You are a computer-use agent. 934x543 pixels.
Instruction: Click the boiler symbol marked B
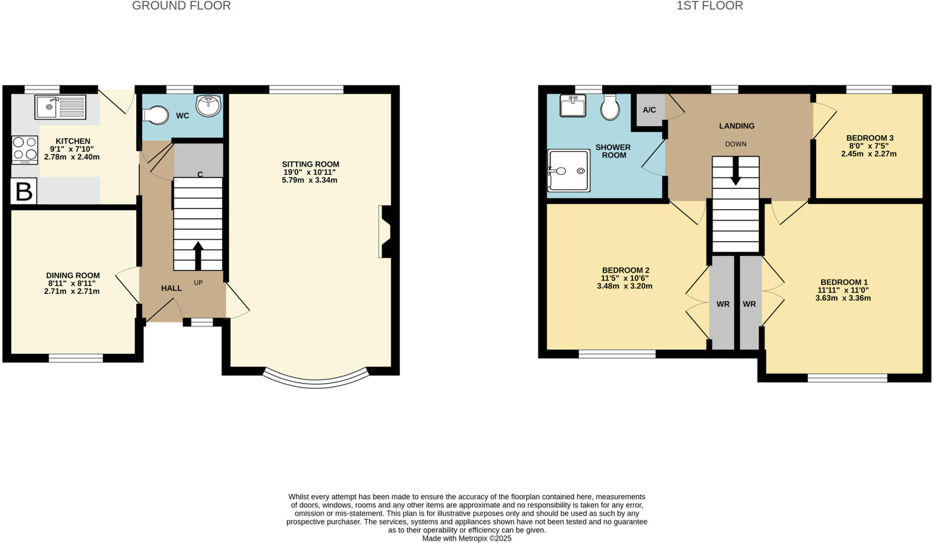[x=24, y=191]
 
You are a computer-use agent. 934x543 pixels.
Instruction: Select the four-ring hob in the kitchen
[x=25, y=150]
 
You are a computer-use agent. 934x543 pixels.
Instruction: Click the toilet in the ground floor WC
[x=156, y=115]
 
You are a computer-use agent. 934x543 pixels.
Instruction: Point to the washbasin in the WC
[x=208, y=106]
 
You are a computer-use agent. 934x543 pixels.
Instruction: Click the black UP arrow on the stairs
[x=198, y=255]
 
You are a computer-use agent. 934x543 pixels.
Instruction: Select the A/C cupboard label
[x=649, y=110]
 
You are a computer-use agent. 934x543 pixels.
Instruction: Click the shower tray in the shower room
[x=569, y=171]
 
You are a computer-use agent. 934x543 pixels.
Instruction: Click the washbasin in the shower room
[x=573, y=106]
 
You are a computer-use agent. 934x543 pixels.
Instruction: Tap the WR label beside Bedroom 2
[x=723, y=304]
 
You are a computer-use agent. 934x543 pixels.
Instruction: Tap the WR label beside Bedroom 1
[x=749, y=304]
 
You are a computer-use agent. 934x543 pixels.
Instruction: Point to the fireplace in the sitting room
[x=385, y=232]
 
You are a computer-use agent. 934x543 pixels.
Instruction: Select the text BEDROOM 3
[x=870, y=138]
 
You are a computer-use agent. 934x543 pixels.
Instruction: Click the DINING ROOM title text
[x=73, y=275]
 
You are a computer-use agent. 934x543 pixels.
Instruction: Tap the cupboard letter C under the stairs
[x=200, y=174]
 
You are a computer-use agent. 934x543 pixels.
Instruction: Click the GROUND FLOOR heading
[x=181, y=5]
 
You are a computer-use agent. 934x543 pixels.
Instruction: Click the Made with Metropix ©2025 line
[x=467, y=538]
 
